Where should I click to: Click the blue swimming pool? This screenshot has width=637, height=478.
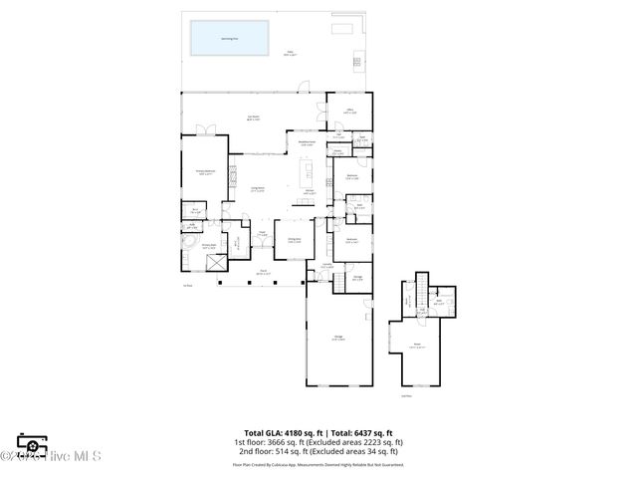pyautogui.click(x=231, y=40)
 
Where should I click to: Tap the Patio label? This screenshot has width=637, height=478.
pyautogui.click(x=290, y=53)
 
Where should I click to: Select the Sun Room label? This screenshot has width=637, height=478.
pyautogui.click(x=253, y=118)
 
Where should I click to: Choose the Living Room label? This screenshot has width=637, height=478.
pyautogui.click(x=257, y=188)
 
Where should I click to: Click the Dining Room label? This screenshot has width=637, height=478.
pyautogui.click(x=295, y=239)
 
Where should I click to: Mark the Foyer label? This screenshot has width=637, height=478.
pyautogui.click(x=263, y=235)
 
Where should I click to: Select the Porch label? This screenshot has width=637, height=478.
pyautogui.click(x=264, y=271)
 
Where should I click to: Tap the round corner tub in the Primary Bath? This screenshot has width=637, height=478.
pyautogui.click(x=187, y=241)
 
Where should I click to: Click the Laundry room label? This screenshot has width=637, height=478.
pyautogui.click(x=326, y=265)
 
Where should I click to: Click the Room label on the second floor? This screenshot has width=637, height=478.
pyautogui.click(x=418, y=346)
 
